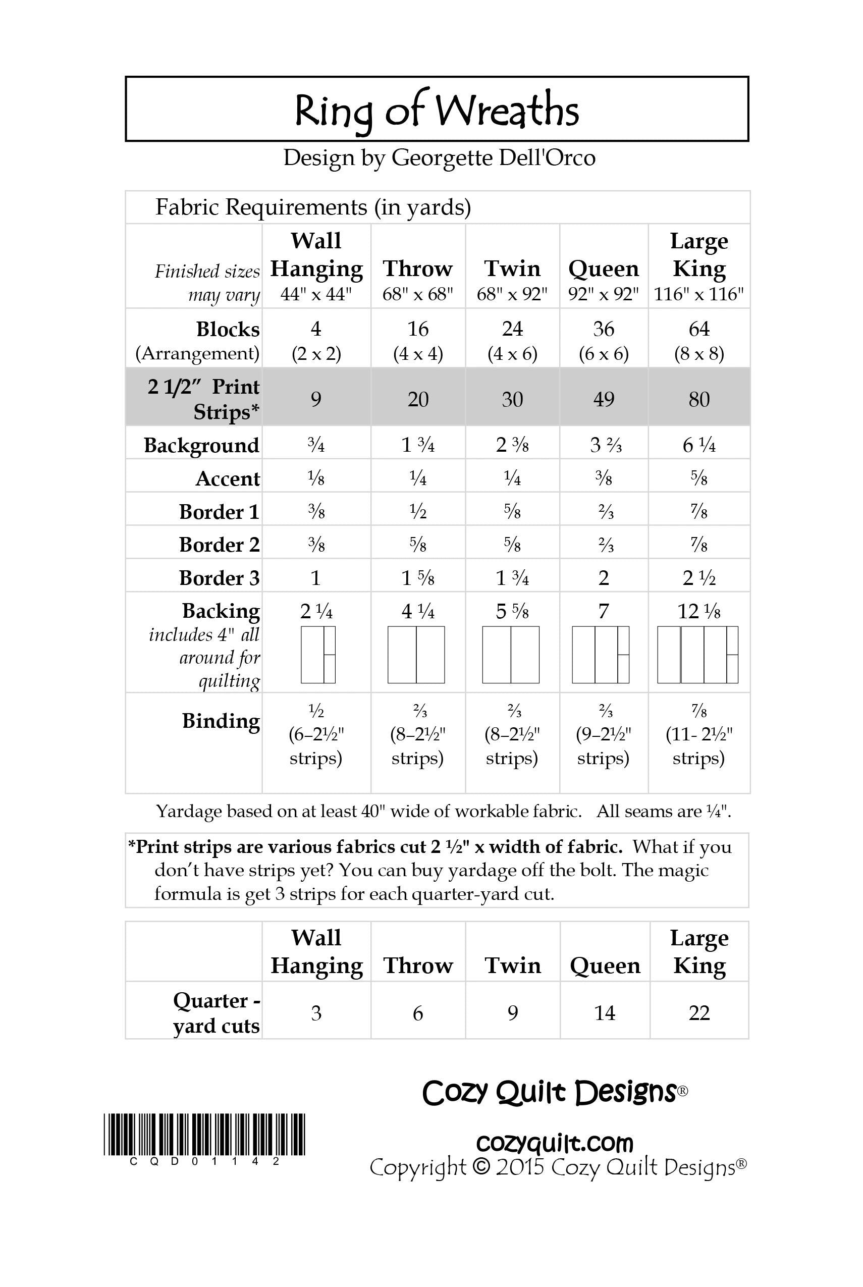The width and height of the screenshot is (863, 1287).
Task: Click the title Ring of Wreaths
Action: pyautogui.click(x=437, y=110)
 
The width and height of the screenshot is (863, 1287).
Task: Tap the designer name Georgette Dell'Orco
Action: pyautogui.click(x=493, y=158)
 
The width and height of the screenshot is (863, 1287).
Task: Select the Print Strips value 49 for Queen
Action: pyautogui.click(x=603, y=399)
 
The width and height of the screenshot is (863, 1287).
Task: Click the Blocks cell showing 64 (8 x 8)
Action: pyautogui.click(x=698, y=340)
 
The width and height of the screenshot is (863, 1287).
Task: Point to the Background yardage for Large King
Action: pyautogui.click(x=698, y=445)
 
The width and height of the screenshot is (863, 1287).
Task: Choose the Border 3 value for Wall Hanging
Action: pyautogui.click(x=315, y=578)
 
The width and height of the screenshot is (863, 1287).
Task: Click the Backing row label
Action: pyautogui.click(x=221, y=611)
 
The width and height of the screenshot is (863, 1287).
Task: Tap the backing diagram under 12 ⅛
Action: pyautogui.click(x=697, y=655)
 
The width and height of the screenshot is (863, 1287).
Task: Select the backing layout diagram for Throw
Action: pyautogui.click(x=416, y=655)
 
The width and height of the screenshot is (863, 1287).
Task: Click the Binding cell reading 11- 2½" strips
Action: pyautogui.click(x=698, y=735)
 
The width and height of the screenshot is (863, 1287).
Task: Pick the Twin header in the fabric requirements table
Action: pyautogui.click(x=512, y=269)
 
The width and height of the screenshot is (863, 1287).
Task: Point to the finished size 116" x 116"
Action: pyautogui.click(x=698, y=294)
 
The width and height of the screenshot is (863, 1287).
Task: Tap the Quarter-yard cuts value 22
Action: pyautogui.click(x=699, y=1013)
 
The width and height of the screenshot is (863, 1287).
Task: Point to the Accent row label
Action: pyautogui.click(x=227, y=479)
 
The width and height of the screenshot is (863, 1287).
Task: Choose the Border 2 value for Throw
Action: pyautogui.click(x=418, y=545)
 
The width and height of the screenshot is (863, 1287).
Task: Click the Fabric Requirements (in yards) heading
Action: pyautogui.click(x=313, y=207)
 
